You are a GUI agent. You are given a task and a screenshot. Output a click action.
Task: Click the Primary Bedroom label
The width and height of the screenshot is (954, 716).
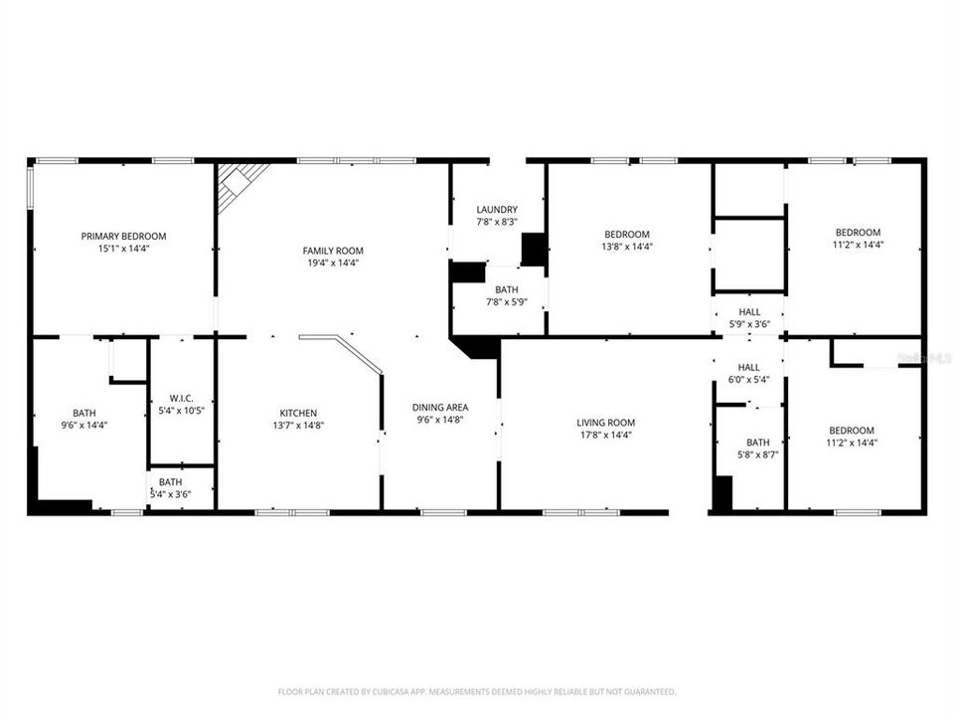(123, 236)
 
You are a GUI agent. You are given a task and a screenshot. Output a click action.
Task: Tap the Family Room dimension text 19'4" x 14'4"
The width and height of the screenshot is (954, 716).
(333, 263)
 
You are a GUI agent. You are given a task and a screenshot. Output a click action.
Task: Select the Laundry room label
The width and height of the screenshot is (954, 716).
(497, 209)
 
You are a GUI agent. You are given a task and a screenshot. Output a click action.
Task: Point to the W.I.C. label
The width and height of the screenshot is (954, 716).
(180, 398)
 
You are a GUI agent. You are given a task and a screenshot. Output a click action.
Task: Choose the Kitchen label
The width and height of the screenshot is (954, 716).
(298, 413)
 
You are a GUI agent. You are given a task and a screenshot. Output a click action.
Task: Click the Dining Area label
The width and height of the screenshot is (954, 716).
(440, 407)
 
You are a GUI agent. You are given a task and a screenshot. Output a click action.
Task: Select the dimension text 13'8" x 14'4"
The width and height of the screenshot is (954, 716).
(627, 246)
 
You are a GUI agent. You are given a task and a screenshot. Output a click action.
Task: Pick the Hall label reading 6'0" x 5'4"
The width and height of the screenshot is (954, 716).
(748, 367)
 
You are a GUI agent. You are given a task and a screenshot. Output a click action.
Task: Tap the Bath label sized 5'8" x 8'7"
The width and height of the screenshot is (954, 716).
(758, 443)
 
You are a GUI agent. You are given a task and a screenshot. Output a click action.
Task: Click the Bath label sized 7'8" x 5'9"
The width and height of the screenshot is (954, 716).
(499, 289)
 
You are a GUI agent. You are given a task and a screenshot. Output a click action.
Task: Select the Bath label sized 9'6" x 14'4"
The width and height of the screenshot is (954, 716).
(84, 413)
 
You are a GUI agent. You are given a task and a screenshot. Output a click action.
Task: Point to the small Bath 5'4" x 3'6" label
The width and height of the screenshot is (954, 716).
(170, 481)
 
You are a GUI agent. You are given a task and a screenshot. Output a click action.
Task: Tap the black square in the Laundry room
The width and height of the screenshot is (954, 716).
(534, 249)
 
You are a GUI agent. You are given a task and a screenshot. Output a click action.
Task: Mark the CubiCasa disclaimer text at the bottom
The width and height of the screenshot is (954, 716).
(477, 691)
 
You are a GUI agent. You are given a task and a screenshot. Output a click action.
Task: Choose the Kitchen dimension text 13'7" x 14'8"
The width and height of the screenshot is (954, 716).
(298, 425)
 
